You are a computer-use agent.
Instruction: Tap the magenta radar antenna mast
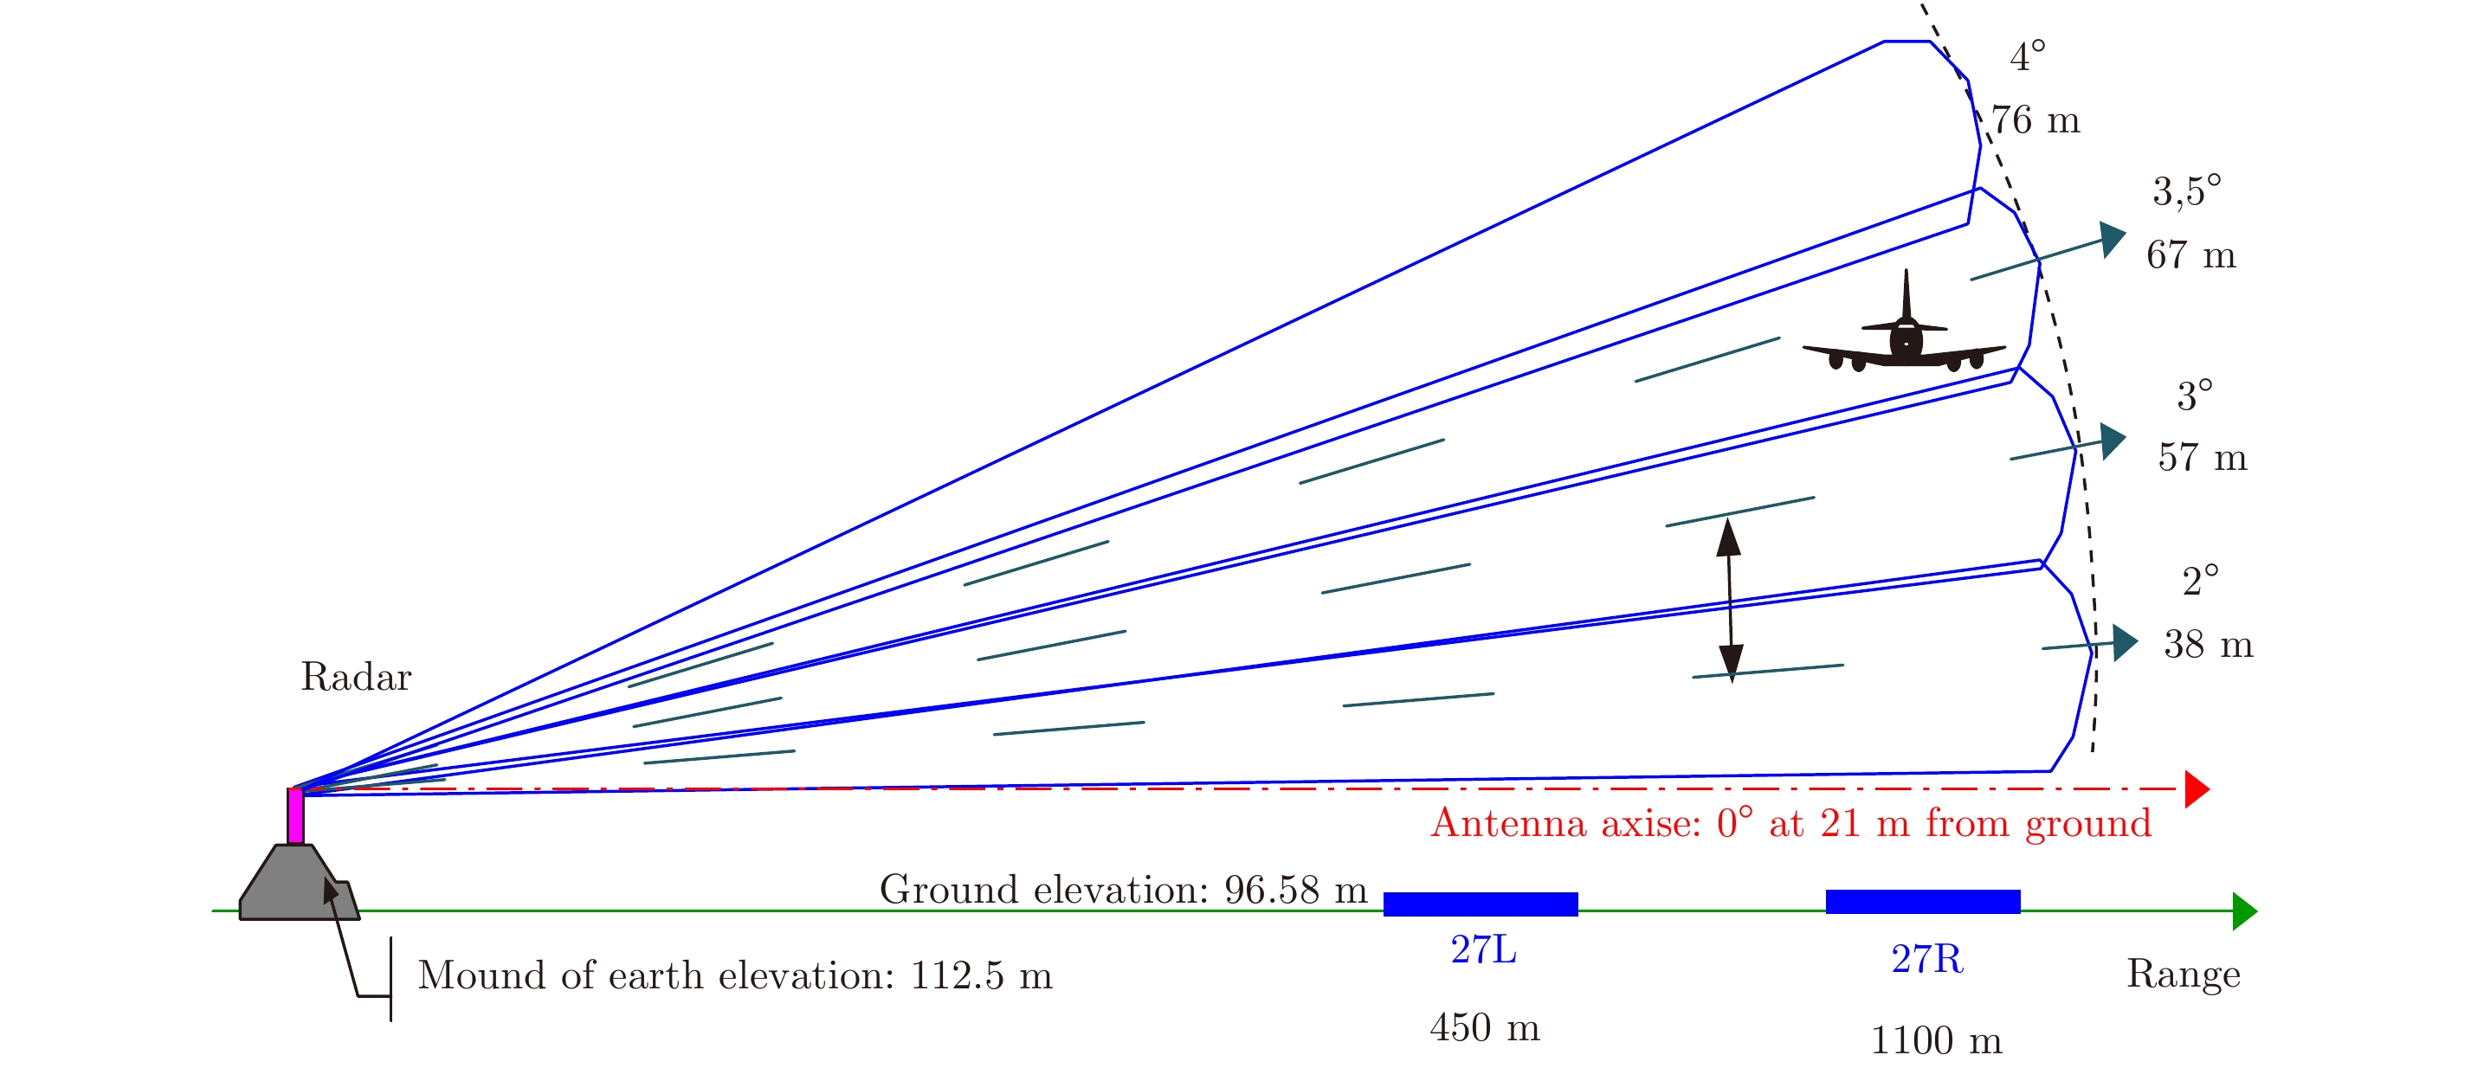pyautogui.click(x=295, y=816)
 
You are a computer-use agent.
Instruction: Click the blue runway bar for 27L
pyautogui.click(x=1481, y=904)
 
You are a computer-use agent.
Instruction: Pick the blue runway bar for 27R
pyautogui.click(x=1922, y=901)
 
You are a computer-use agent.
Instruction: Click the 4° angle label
pyautogui.click(x=2027, y=57)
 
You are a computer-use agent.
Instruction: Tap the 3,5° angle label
pyautogui.click(x=2186, y=192)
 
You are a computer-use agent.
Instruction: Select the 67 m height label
pyautogui.click(x=2190, y=256)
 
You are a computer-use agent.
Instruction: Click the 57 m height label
pyautogui.click(x=2203, y=458)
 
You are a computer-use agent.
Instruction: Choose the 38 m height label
pyautogui.click(x=2208, y=645)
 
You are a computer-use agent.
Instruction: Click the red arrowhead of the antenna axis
pyautogui.click(x=2197, y=789)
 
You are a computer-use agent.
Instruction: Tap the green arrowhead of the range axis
pyautogui.click(x=2245, y=910)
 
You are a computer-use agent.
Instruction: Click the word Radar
pyautogui.click(x=356, y=678)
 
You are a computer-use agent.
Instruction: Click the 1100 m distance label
pyautogui.click(x=1936, y=1041)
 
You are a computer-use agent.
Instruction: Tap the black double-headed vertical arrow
pyautogui.click(x=1730, y=599)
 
